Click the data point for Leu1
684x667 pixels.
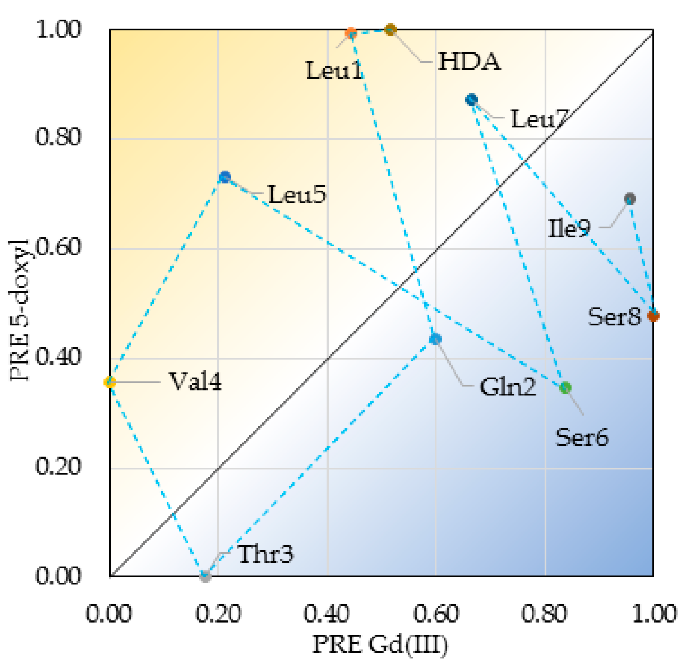pyautogui.click(x=351, y=33)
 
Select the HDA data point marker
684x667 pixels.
pyautogui.click(x=390, y=30)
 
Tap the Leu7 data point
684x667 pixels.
pyautogui.click(x=472, y=100)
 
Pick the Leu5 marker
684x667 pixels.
pyautogui.click(x=225, y=177)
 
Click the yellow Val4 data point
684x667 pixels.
pyautogui.click(x=110, y=382)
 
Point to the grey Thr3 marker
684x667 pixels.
pyautogui.click(x=205, y=576)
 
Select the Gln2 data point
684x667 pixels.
pyautogui.click(x=435, y=339)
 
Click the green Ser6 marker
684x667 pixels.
pyautogui.click(x=565, y=388)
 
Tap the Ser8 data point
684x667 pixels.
pyautogui.click(x=653, y=316)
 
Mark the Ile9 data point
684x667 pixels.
pyautogui.click(x=630, y=198)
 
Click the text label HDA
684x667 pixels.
pyautogui.click(x=469, y=62)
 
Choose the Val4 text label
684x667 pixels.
pyautogui.click(x=196, y=382)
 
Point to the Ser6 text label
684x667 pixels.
pyautogui.click(x=581, y=437)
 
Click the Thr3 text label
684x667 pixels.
pyautogui.click(x=266, y=555)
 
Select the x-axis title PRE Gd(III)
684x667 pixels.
pyautogui.click(x=380, y=645)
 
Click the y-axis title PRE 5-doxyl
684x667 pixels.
pyautogui.click(x=19, y=310)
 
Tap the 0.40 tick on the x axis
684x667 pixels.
pyautogui.click(x=327, y=614)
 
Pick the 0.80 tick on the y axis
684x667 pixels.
pyautogui.click(x=58, y=138)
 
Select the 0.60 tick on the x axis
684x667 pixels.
pyautogui.click(x=436, y=614)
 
